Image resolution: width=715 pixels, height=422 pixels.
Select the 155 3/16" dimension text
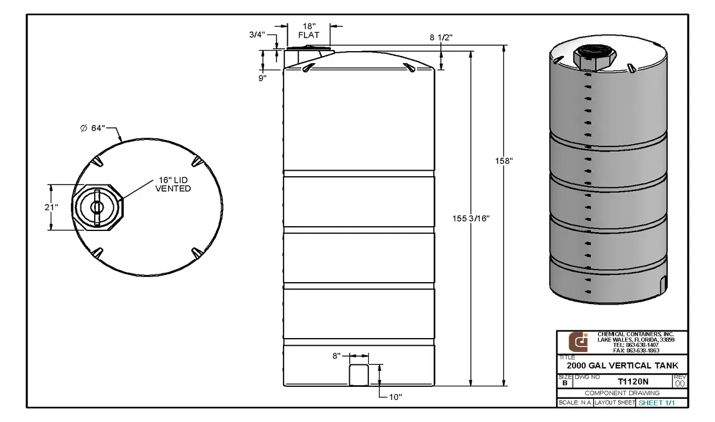(x=471, y=218)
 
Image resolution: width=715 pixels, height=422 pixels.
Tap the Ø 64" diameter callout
(x=92, y=128)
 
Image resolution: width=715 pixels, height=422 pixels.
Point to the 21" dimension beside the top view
(x=52, y=207)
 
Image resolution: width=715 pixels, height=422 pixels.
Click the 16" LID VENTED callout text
(x=173, y=185)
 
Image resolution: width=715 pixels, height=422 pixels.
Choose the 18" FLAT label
(x=309, y=31)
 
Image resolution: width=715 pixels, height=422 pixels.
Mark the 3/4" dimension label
(x=257, y=35)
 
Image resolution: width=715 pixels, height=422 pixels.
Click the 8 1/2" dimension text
(x=441, y=37)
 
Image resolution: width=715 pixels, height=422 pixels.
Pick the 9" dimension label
(x=263, y=77)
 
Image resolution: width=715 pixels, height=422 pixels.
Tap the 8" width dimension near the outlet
(x=337, y=356)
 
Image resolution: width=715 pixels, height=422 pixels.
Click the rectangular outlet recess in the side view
(x=358, y=374)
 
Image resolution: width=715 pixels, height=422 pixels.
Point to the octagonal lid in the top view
(x=97, y=207)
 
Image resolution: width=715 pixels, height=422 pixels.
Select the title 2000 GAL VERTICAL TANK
(x=622, y=365)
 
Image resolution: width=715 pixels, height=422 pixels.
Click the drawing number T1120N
(x=633, y=382)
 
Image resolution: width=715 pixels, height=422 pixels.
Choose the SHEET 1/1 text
(x=661, y=403)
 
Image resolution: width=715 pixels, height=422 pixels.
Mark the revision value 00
(x=680, y=384)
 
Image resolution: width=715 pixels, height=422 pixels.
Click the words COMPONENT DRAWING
(x=622, y=393)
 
